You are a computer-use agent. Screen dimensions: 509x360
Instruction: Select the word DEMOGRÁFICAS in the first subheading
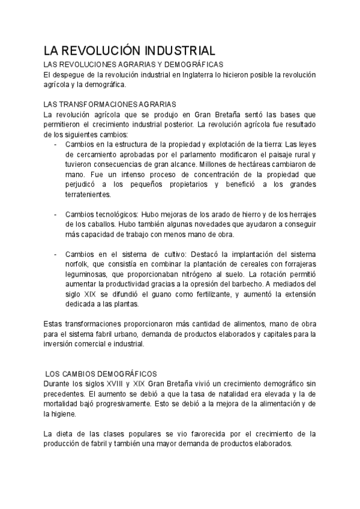(193, 64)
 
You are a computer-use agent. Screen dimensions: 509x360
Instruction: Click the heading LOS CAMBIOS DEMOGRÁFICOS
(101, 373)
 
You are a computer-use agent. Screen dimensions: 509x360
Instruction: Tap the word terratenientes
(88, 194)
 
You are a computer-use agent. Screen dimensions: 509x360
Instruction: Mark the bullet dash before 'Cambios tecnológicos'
(56, 214)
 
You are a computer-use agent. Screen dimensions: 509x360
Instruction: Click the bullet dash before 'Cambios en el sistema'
(56, 254)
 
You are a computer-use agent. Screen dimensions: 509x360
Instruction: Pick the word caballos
(92, 224)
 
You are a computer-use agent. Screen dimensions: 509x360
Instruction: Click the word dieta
(65, 433)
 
